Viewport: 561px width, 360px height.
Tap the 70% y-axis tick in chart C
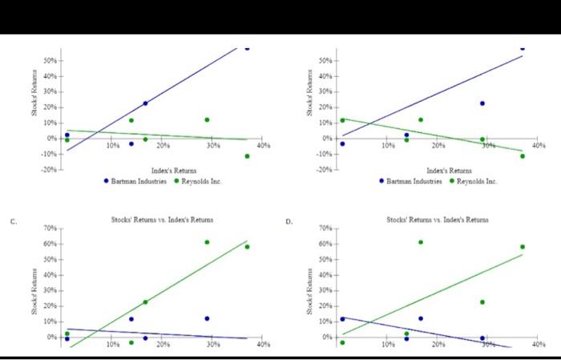pos(50,229)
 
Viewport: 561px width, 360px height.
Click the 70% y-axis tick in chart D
pos(325,229)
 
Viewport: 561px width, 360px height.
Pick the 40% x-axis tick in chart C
pos(264,344)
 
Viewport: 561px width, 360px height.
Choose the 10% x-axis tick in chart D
pos(388,344)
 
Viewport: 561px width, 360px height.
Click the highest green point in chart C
pos(207,242)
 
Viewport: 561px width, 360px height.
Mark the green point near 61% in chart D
pos(421,242)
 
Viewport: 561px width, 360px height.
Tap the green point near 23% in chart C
pos(145,302)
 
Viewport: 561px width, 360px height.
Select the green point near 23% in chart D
pos(482,302)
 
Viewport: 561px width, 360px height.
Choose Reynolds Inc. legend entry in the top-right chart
pos(474,181)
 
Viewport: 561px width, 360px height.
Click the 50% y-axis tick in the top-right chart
pos(325,61)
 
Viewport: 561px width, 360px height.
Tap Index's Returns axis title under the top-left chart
pos(174,171)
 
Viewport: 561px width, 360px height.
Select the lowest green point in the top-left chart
pos(247,156)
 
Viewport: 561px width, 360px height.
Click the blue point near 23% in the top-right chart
pos(482,103)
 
